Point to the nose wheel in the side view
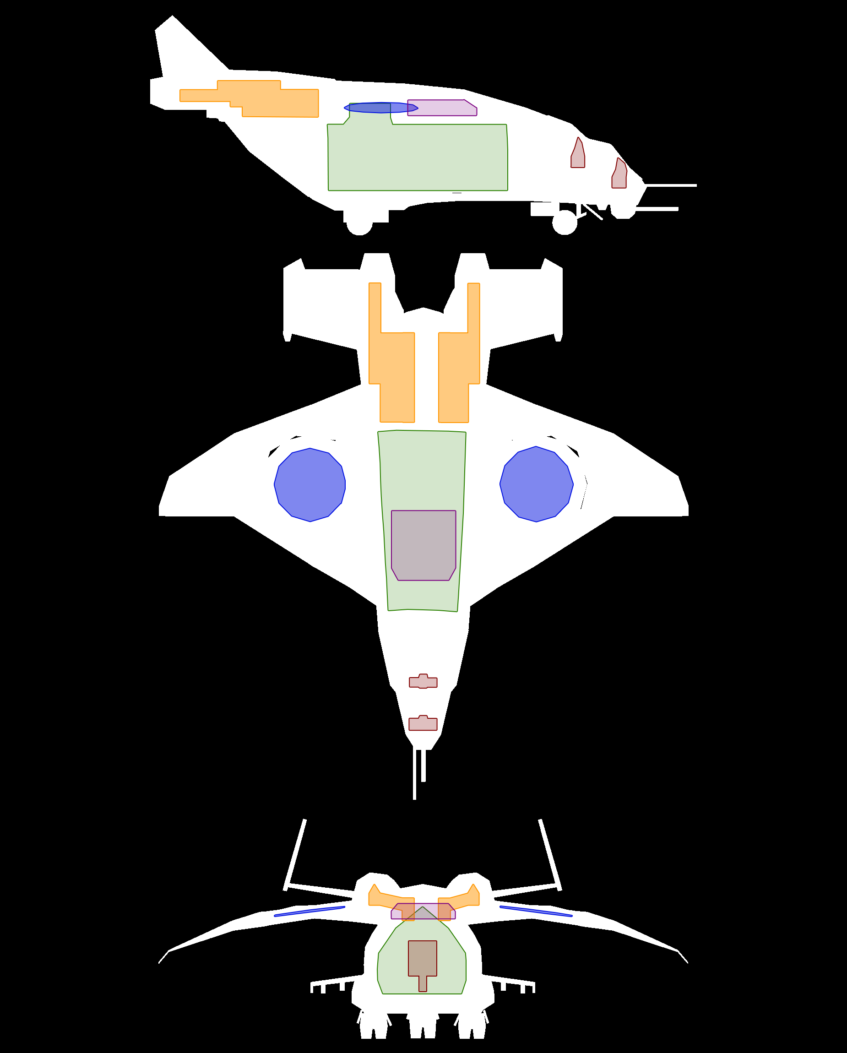tap(565, 223)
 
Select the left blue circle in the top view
tap(309, 485)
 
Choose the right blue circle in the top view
tap(536, 484)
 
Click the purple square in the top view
tap(423, 544)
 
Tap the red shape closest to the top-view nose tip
tap(423, 723)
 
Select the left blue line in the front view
tap(309, 912)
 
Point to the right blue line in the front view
tap(536, 912)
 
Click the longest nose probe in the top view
tap(415, 782)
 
